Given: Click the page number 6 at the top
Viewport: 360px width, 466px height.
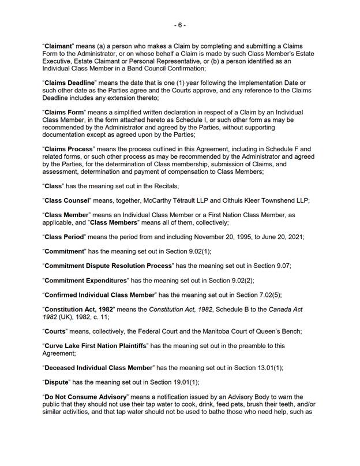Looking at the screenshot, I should (180, 25).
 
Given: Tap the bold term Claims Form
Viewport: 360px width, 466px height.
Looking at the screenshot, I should (65, 111).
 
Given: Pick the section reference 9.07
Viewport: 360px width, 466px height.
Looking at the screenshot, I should (294, 266).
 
